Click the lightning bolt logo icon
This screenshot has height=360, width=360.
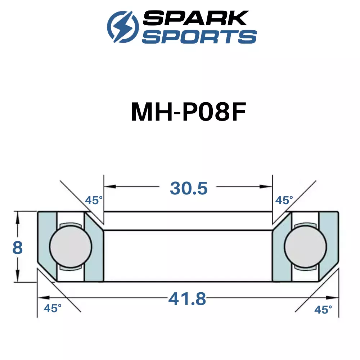pos(123,27)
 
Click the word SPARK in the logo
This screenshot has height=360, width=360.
pos(195,18)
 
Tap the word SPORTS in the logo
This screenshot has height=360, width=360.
pos(199,36)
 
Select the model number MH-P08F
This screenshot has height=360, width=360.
pos(189,112)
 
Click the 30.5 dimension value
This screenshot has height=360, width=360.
pos(189,188)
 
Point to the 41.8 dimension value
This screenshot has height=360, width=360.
pos(187,299)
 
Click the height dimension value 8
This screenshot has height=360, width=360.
pos(17,248)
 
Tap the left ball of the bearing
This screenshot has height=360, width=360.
pos(71,247)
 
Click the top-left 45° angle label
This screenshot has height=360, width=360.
pos(94,200)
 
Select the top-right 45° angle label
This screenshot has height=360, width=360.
pos(284,200)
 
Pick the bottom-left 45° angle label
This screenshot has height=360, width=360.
pos(53,309)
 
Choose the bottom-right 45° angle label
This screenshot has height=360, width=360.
pos(323,310)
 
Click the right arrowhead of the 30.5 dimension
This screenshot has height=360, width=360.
pos(266,186)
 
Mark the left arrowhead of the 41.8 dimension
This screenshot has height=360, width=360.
pos(44,298)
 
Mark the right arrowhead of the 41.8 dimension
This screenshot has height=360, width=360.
pos(332,298)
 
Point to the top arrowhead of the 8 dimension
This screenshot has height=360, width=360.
pos(18,217)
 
